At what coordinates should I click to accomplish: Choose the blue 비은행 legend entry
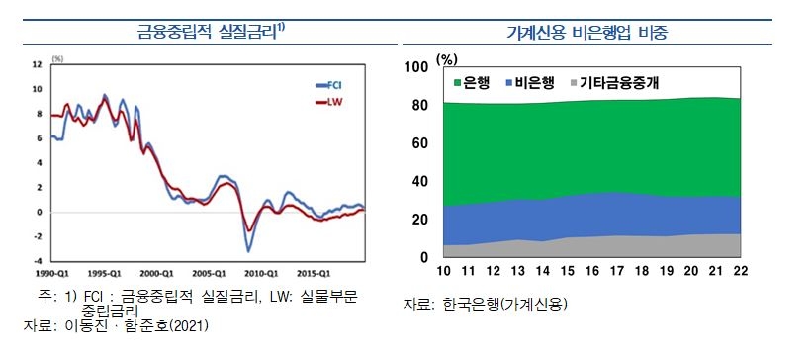(x=533, y=84)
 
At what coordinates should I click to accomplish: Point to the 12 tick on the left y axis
(x=37, y=64)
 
